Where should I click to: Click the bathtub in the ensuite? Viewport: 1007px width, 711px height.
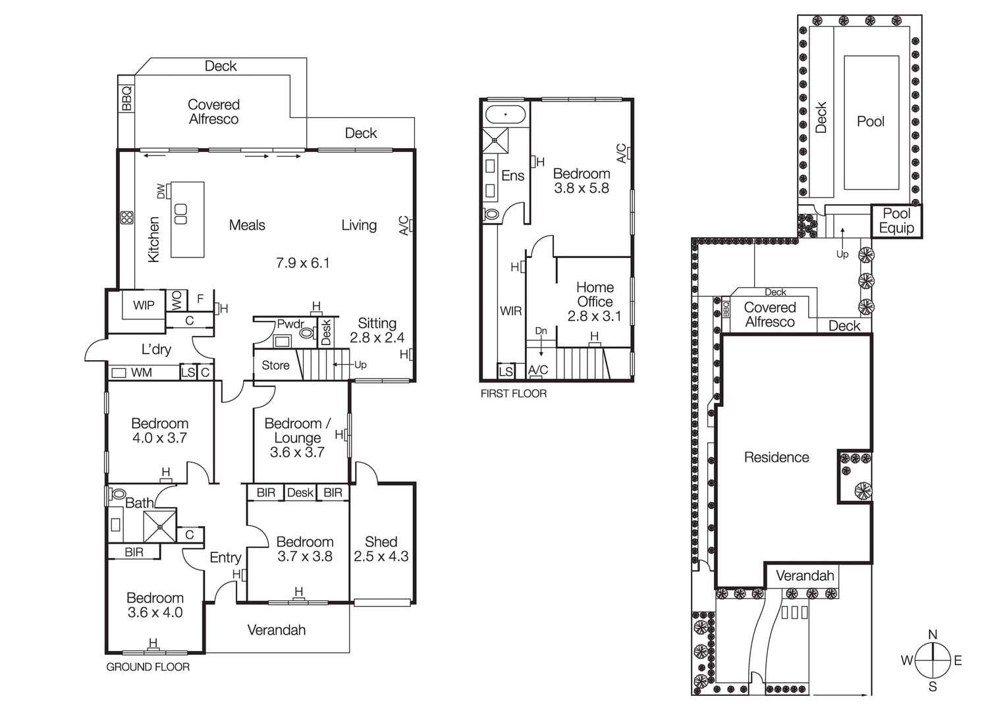point(505,114)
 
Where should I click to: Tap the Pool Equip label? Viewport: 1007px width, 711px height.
point(896,221)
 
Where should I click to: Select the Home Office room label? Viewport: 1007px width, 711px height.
point(595,294)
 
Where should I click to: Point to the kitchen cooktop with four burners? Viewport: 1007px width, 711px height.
point(126,218)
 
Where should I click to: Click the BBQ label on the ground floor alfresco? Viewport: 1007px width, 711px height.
point(126,99)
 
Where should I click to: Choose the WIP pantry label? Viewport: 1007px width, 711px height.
point(144,305)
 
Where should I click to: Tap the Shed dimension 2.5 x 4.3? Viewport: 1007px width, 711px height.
point(381,556)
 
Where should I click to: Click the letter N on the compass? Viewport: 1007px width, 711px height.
point(933,635)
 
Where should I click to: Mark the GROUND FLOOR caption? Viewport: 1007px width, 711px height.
point(148,667)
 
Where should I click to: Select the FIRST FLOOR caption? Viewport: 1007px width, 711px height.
point(514,394)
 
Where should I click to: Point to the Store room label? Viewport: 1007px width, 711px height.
point(275,365)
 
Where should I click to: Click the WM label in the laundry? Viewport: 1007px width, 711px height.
point(141,373)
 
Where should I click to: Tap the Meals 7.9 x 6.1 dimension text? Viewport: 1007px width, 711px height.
point(302,263)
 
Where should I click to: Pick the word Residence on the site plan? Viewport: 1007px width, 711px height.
point(776,458)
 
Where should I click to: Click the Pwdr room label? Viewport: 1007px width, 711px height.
point(290,324)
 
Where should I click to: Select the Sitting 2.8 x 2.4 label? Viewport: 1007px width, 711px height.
point(377,330)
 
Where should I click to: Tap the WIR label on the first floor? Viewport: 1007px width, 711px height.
point(510,311)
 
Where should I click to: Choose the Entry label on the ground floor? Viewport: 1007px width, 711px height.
point(225,558)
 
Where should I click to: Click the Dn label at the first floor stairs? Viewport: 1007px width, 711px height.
point(541,330)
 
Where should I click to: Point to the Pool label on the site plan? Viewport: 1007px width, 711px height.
point(871,121)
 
